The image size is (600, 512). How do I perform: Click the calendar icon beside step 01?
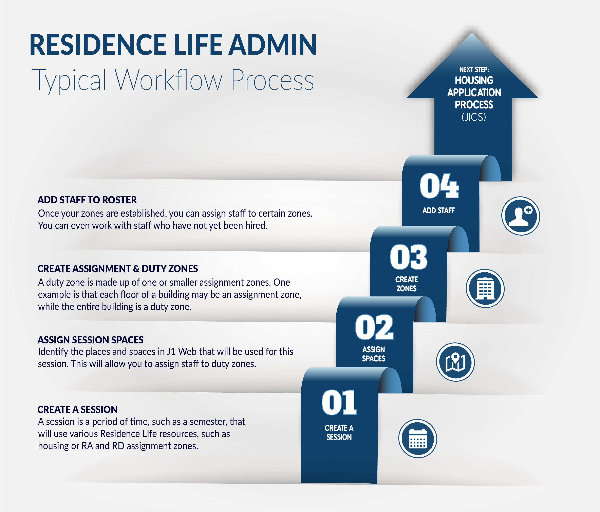(x=418, y=439)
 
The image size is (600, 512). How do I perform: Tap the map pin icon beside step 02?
(x=455, y=362)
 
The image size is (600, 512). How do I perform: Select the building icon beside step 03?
(x=485, y=288)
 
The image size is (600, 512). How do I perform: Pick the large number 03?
(x=408, y=257)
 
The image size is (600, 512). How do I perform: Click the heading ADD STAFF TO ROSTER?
(x=87, y=200)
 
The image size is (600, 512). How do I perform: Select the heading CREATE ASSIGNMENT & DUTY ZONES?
(x=118, y=269)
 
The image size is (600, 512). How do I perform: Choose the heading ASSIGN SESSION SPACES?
(x=91, y=340)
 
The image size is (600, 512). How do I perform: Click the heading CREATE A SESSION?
(x=77, y=409)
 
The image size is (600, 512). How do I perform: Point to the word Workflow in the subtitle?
(x=169, y=80)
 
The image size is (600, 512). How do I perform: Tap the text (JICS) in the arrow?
(x=474, y=117)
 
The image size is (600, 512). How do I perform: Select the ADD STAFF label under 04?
(x=438, y=210)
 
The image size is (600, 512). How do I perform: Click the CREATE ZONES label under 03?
(x=407, y=284)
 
